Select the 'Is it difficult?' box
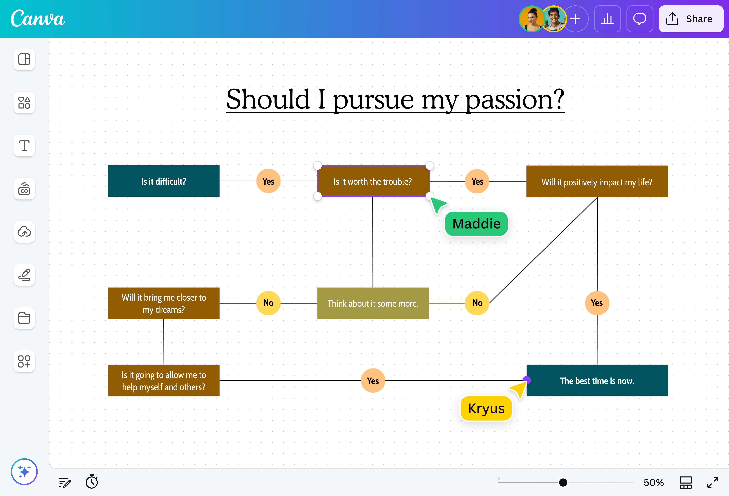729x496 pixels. pos(164,181)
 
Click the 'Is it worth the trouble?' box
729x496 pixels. pos(373,181)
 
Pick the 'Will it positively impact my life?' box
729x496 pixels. pos(597,182)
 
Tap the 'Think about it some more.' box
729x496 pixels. pos(373,303)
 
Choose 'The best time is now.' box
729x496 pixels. pos(597,381)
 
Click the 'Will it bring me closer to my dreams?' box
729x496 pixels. pos(164,303)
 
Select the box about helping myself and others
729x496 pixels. pos(164,381)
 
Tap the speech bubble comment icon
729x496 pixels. pos(640,19)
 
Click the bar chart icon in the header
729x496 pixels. pos(607,19)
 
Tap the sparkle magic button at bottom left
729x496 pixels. pos(24,472)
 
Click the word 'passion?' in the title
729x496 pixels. pos(514,100)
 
